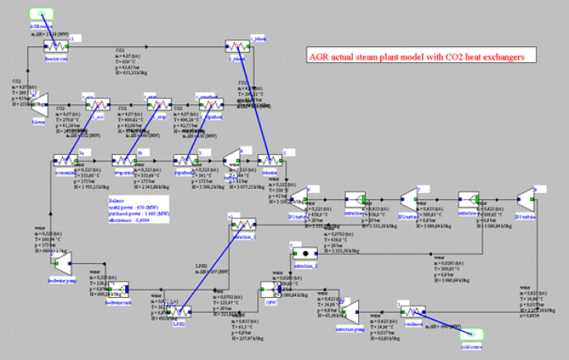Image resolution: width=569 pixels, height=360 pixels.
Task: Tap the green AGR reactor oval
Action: pos(40,15)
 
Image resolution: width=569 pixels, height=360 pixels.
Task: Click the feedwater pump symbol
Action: pos(61,257)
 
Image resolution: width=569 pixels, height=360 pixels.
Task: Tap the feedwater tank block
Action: pos(119,288)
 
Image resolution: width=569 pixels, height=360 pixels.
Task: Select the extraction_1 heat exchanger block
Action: pos(242,224)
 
